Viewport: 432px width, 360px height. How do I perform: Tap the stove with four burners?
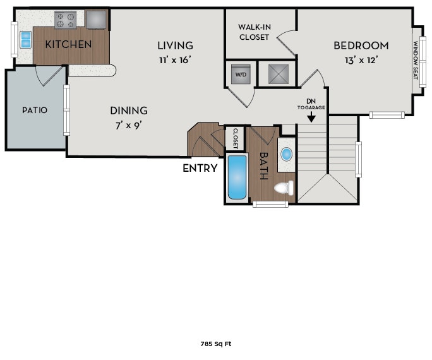(65, 20)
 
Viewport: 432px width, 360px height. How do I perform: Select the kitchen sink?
(25, 40)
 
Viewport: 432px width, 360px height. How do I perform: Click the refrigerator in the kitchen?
(97, 20)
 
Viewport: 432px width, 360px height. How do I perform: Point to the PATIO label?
(35, 110)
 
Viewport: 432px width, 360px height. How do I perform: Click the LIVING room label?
(175, 45)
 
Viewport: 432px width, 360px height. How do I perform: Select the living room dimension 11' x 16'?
(175, 60)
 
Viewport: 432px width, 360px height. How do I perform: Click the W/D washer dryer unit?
(241, 73)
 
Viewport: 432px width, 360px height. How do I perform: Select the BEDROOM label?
(361, 45)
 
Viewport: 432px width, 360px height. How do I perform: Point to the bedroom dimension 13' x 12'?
(361, 61)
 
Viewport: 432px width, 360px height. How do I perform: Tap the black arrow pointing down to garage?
(311, 117)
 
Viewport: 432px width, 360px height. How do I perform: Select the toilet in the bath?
(284, 188)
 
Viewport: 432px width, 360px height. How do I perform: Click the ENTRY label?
(200, 168)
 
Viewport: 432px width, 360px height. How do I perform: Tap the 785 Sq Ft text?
(215, 344)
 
